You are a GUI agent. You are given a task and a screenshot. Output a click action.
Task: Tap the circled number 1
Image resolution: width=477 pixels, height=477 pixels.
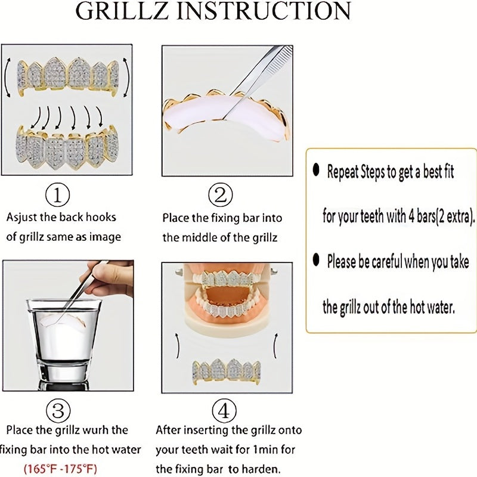(57, 194)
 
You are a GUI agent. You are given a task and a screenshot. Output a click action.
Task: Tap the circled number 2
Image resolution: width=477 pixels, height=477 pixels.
(220, 194)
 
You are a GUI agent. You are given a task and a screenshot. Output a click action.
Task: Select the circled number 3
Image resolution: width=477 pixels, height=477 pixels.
(57, 411)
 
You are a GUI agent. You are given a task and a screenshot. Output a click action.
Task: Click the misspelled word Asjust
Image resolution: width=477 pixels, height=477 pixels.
(23, 218)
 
